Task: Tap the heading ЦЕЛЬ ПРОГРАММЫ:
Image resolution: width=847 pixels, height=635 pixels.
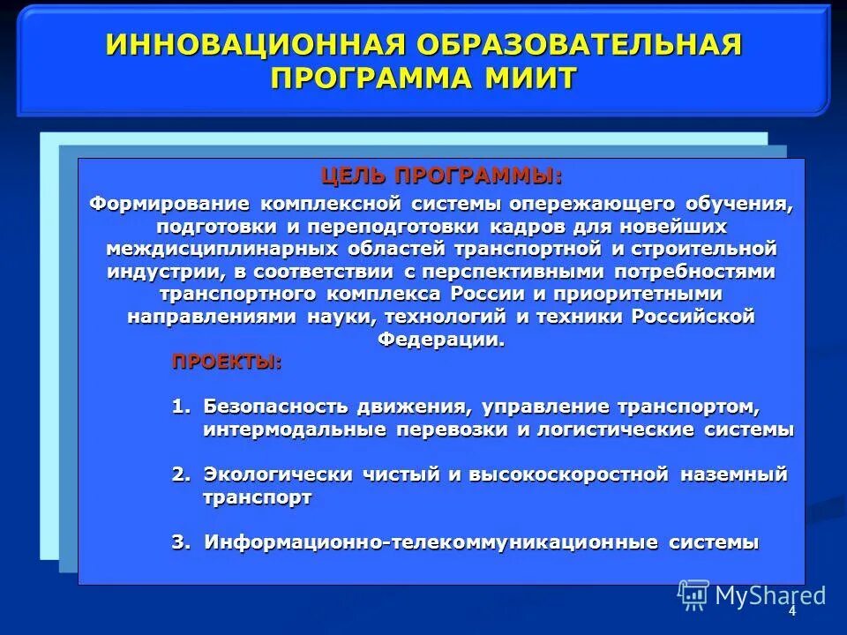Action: pyautogui.click(x=441, y=176)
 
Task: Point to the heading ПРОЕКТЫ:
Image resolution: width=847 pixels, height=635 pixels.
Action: pyautogui.click(x=227, y=362)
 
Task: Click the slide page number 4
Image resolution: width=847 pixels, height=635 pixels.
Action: pyautogui.click(x=792, y=611)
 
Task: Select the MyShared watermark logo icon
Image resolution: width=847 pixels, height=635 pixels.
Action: pyautogui.click(x=693, y=594)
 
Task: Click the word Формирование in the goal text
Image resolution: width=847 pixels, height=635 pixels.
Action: pyautogui.click(x=169, y=205)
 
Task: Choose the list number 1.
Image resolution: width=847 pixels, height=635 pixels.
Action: pyautogui.click(x=181, y=407)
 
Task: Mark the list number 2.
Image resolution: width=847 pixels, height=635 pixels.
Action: pyautogui.click(x=181, y=475)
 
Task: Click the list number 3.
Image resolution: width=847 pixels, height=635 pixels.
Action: pyautogui.click(x=181, y=542)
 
